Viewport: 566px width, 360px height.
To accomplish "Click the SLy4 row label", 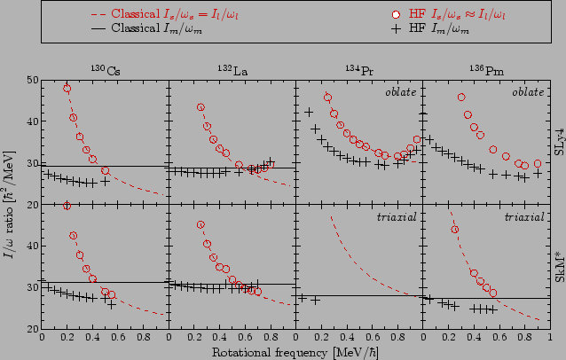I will tap(559, 142).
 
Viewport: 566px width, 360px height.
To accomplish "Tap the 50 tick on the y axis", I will tap(31, 81).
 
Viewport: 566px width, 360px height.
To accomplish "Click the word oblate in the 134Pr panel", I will tap(401, 92).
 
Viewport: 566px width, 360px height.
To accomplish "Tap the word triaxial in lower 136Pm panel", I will tap(526, 216).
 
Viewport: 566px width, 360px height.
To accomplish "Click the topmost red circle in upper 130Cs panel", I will tap(67, 89).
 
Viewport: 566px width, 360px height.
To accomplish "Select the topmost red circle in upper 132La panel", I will tap(201, 107).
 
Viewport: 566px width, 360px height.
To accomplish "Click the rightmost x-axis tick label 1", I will tap(549, 338).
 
